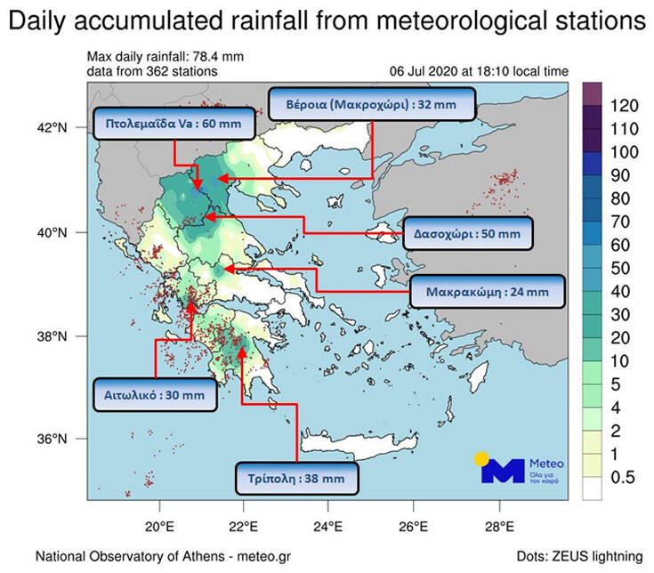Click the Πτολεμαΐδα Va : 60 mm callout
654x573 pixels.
(x=174, y=124)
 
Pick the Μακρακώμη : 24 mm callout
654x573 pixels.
(x=487, y=291)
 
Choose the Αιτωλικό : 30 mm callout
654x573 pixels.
(x=155, y=395)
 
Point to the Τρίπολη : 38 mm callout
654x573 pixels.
(x=296, y=478)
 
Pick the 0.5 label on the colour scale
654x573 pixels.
(x=622, y=478)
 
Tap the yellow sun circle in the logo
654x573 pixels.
(x=482, y=459)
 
